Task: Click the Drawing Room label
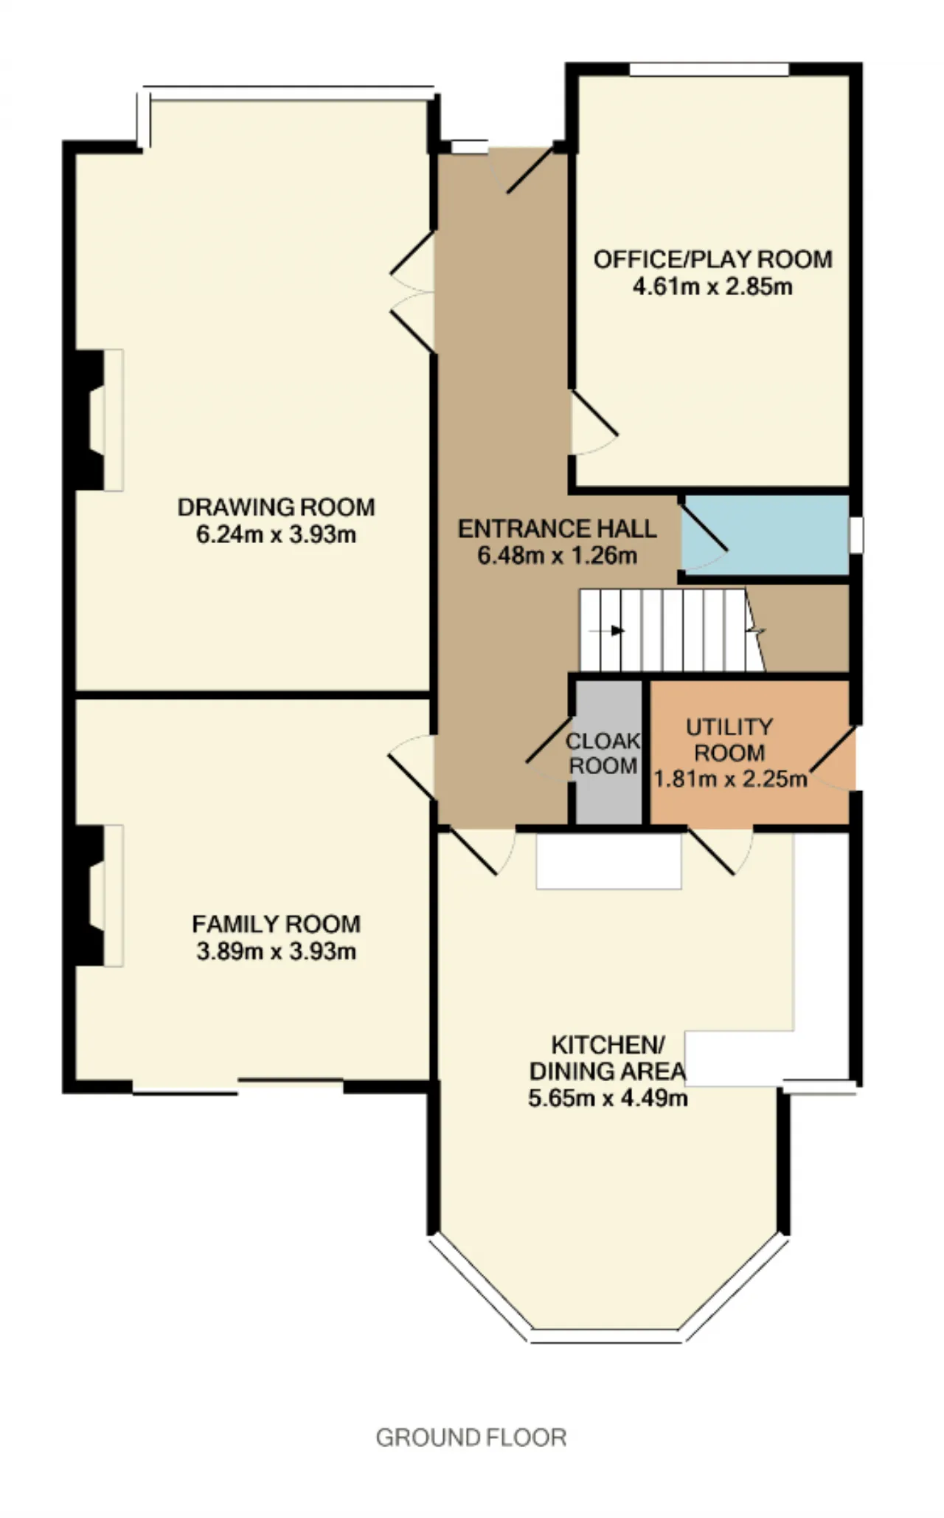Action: click(x=276, y=507)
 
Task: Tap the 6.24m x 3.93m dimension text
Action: click(x=276, y=534)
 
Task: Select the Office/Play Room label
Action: click(x=712, y=259)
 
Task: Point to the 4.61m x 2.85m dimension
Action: click(x=712, y=286)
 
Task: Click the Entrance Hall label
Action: click(x=557, y=528)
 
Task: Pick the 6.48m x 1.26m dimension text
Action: click(x=557, y=555)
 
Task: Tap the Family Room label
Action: click(x=276, y=924)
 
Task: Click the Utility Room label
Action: click(x=729, y=739)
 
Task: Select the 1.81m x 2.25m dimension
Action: click(x=730, y=779)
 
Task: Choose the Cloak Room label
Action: click(x=603, y=753)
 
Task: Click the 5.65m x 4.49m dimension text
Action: click(x=608, y=1097)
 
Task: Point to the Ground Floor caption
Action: click(x=471, y=1437)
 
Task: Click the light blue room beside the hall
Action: click(x=764, y=535)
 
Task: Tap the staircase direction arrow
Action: click(x=614, y=631)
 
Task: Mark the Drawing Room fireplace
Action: click(x=99, y=420)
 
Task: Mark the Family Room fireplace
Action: click(x=99, y=895)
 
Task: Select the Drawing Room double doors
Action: click(x=412, y=292)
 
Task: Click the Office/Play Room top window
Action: click(x=709, y=69)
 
